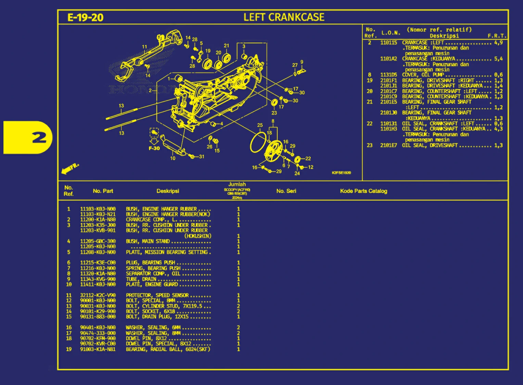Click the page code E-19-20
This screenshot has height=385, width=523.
(x=85, y=17)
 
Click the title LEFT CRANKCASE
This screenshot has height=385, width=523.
(x=284, y=17)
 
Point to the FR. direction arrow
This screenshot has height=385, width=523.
(x=69, y=168)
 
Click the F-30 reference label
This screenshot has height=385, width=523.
(x=154, y=148)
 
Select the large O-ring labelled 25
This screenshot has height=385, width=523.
(x=258, y=142)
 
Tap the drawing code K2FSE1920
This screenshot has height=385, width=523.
(x=341, y=173)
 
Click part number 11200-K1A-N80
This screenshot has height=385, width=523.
(x=98, y=220)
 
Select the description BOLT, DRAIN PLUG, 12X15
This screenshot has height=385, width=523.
(x=157, y=317)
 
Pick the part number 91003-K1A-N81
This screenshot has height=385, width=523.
(x=98, y=349)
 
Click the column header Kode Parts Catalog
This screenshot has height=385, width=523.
(x=363, y=191)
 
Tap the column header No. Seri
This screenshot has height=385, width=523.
(x=286, y=191)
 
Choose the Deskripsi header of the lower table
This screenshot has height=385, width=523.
(x=168, y=191)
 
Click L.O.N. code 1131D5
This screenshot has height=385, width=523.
(x=388, y=75)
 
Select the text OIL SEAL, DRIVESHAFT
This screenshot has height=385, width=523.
(x=430, y=145)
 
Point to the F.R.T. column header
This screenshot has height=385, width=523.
(x=497, y=36)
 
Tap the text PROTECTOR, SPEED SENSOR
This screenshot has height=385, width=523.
(x=157, y=295)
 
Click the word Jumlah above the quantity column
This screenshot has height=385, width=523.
(x=237, y=184)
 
